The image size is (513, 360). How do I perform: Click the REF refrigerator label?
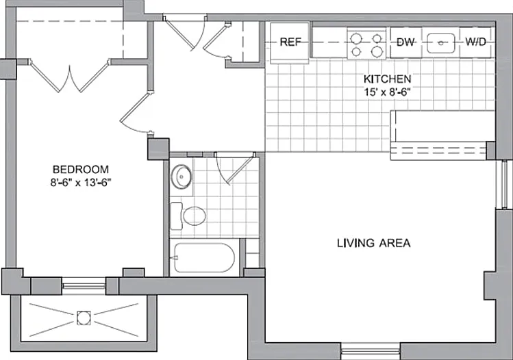pyautogui.click(x=290, y=42)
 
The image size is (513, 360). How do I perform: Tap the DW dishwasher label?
pyautogui.click(x=405, y=42)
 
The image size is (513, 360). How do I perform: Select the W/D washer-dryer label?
pyautogui.click(x=476, y=42)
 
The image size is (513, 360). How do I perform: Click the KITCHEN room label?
pyautogui.click(x=388, y=79)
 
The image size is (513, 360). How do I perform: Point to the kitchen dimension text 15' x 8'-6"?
pyautogui.click(x=388, y=92)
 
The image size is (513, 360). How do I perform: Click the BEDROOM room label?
pyautogui.click(x=81, y=169)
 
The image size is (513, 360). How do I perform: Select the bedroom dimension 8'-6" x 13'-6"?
pyautogui.click(x=81, y=183)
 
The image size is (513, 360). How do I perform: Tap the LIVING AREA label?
pyautogui.click(x=374, y=243)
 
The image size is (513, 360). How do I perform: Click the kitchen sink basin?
pyautogui.click(x=441, y=43)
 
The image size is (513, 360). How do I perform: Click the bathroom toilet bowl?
pyautogui.click(x=195, y=216)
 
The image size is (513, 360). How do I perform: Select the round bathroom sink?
pyautogui.click(x=182, y=177)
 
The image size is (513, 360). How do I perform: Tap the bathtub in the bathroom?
pyautogui.click(x=205, y=257)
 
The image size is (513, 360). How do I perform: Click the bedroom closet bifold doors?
pyautogui.click(x=69, y=76)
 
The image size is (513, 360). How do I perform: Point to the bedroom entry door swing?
pyautogui.click(x=135, y=113)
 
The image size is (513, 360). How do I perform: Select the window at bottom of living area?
pyautogui.click(x=370, y=352)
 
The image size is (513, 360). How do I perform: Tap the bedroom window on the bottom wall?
pyautogui.click(x=84, y=286)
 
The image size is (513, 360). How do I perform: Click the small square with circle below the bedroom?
pyautogui.click(x=84, y=318)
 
